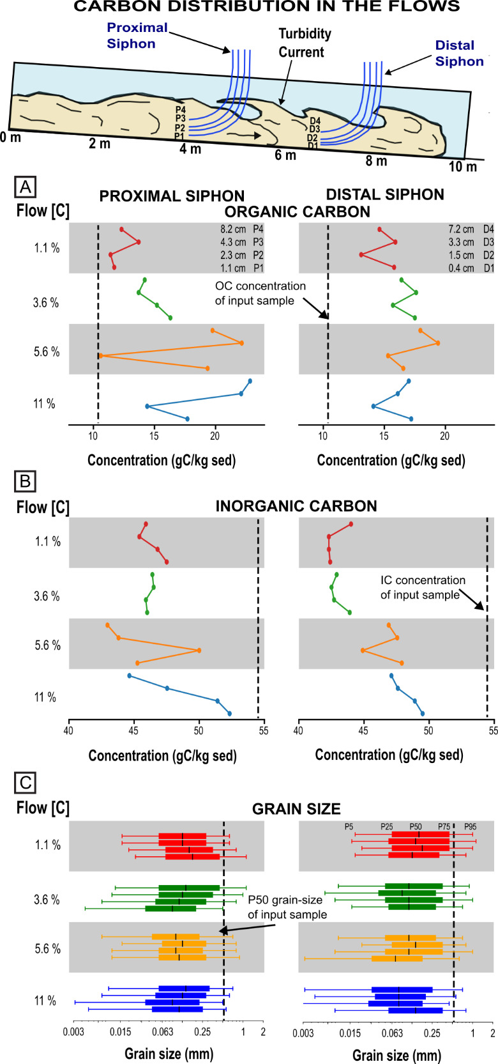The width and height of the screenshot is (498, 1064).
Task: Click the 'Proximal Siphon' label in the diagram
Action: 137,36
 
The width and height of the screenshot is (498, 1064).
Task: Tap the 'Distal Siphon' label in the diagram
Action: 458,54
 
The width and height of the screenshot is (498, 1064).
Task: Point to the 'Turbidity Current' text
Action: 305,43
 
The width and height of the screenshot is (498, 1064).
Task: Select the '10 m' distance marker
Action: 462,167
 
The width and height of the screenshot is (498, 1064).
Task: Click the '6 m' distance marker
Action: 285,155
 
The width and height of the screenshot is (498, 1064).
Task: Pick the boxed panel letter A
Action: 26,187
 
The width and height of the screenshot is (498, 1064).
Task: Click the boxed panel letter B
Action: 26,481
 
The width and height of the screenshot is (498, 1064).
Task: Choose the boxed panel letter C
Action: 26,782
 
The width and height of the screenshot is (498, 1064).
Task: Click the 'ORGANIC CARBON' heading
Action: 298,212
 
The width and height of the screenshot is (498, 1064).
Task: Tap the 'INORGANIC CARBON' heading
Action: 296,506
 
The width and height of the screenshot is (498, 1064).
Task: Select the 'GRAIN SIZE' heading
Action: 296,809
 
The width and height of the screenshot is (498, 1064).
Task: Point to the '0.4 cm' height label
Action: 461,268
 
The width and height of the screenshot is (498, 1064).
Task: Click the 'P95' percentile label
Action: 470,826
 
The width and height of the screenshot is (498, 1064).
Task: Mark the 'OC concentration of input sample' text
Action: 260,293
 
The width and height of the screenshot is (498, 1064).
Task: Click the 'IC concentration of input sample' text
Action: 423,587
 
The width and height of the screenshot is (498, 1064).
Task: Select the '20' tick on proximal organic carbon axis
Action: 215,436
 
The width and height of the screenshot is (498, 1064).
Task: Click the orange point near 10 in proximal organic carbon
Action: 100,355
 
